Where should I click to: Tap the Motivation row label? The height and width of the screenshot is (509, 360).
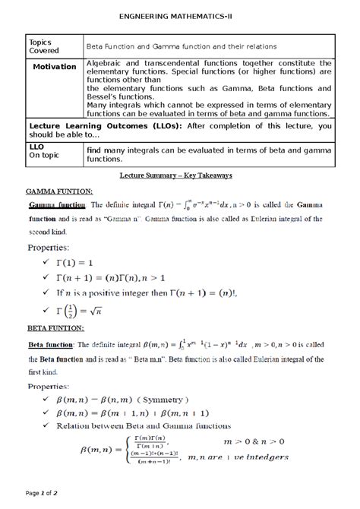(x=53, y=67)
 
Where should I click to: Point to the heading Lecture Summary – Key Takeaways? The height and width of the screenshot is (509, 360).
(x=180, y=175)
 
